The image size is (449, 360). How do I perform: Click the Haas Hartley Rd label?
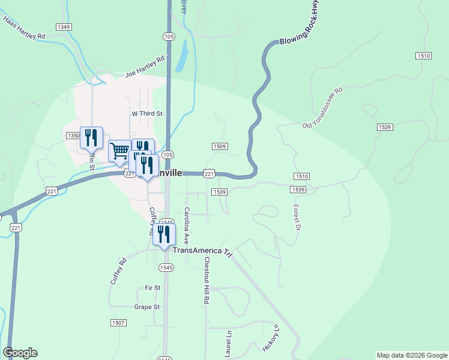tap(24, 28)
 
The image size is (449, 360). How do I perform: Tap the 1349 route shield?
tap(64, 27)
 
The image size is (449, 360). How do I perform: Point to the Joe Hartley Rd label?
tap(145, 68)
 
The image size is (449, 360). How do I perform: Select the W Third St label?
tap(147, 113)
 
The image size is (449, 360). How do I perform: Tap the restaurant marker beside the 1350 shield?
tap(91, 137)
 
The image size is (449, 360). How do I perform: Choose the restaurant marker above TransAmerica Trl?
tap(163, 234)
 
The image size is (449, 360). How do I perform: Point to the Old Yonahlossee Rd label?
tap(322, 108)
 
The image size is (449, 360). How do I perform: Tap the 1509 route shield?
tap(220, 146)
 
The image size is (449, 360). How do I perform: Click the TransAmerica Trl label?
tap(202, 250)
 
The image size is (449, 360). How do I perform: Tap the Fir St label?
tap(153, 288)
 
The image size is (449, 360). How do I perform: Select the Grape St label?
tap(148, 307)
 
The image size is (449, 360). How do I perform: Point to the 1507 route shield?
tap(118, 323)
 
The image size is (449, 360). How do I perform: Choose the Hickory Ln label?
tap(272, 338)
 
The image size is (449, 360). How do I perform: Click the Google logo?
tap(20, 353)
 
